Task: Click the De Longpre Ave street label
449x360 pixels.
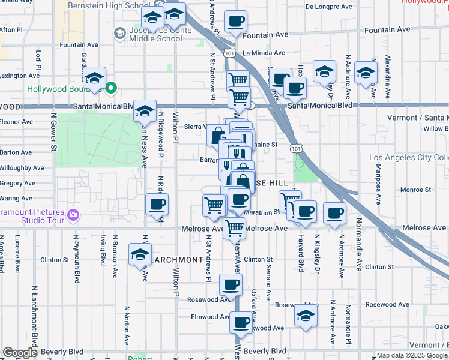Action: coord(328,7)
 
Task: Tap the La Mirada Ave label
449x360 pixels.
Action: coord(263,53)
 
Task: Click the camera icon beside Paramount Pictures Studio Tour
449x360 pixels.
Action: coord(73,214)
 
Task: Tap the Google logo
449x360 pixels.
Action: coord(20,353)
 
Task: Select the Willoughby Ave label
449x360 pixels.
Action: coord(22,168)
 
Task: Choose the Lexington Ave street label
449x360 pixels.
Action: coord(20,76)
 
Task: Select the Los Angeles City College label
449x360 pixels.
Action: coord(409,158)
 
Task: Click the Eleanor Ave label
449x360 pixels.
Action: coord(16,122)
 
